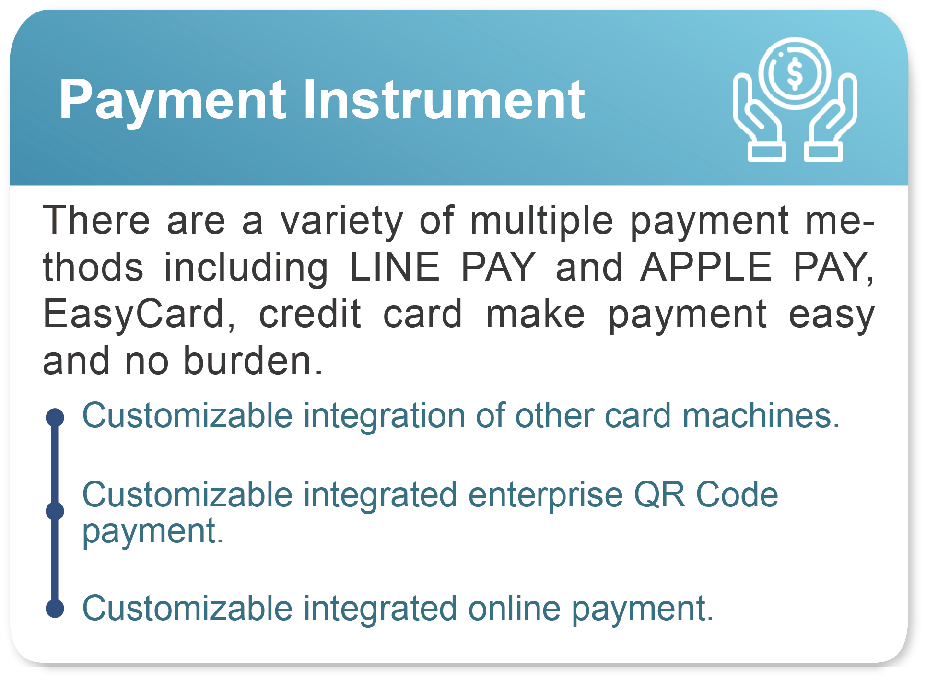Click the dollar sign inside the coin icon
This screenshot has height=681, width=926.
click(x=795, y=74)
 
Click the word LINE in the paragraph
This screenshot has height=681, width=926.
click(x=394, y=267)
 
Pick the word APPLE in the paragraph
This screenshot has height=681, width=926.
click(x=706, y=267)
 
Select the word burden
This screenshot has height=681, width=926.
click(x=253, y=360)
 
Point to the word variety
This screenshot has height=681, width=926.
click(x=342, y=222)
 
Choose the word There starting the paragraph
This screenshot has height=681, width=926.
click(x=96, y=220)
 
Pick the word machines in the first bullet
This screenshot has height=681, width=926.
click(x=761, y=415)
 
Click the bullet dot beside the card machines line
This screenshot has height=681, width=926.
click(x=55, y=417)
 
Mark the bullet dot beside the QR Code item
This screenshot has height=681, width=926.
click(x=55, y=511)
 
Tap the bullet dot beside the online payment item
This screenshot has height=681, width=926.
click(x=55, y=609)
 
